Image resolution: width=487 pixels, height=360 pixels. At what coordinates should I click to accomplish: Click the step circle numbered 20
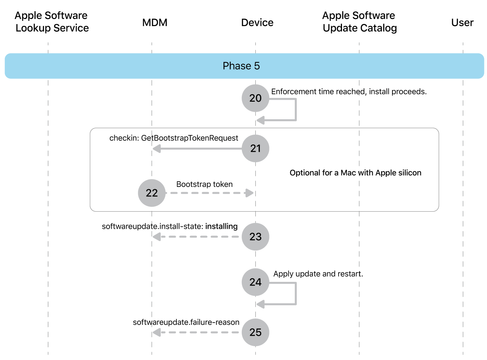pyautogui.click(x=255, y=98)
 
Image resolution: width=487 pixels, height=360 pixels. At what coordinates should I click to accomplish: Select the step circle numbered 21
pyautogui.click(x=255, y=148)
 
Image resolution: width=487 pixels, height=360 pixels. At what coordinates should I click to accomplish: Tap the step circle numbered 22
pyautogui.click(x=152, y=193)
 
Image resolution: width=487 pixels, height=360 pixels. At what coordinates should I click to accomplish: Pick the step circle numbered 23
pyautogui.click(x=255, y=237)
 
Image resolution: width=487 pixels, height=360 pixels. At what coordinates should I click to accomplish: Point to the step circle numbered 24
pyautogui.click(x=255, y=282)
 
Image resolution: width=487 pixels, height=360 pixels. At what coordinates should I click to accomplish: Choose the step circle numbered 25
pyautogui.click(x=255, y=332)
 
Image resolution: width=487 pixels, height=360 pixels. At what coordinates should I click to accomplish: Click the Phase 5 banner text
pyautogui.click(x=241, y=66)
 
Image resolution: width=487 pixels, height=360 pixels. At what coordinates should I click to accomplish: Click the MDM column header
pyautogui.click(x=154, y=22)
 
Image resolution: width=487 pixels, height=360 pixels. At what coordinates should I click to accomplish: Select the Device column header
pyautogui.click(x=257, y=22)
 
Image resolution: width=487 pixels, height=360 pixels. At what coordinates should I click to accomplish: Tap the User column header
pyautogui.click(x=462, y=22)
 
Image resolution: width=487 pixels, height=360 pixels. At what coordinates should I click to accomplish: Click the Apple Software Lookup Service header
pyautogui.click(x=52, y=22)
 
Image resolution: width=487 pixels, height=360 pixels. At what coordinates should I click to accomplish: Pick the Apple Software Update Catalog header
pyautogui.click(x=359, y=22)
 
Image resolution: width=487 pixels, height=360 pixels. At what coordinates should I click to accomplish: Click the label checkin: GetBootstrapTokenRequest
pyautogui.click(x=173, y=138)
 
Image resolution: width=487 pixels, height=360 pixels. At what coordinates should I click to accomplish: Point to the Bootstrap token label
pyautogui.click(x=204, y=184)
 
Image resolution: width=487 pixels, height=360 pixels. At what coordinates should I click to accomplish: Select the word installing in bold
pyautogui.click(x=221, y=226)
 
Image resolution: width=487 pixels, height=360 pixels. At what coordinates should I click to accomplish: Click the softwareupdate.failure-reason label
pyautogui.click(x=186, y=322)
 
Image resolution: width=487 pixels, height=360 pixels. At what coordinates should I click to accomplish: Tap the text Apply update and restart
pyautogui.click(x=318, y=274)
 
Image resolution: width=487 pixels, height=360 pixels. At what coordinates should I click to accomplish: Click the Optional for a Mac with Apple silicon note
pyautogui.click(x=355, y=173)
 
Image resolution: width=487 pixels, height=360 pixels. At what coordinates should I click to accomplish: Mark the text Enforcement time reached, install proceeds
pyautogui.click(x=348, y=92)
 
